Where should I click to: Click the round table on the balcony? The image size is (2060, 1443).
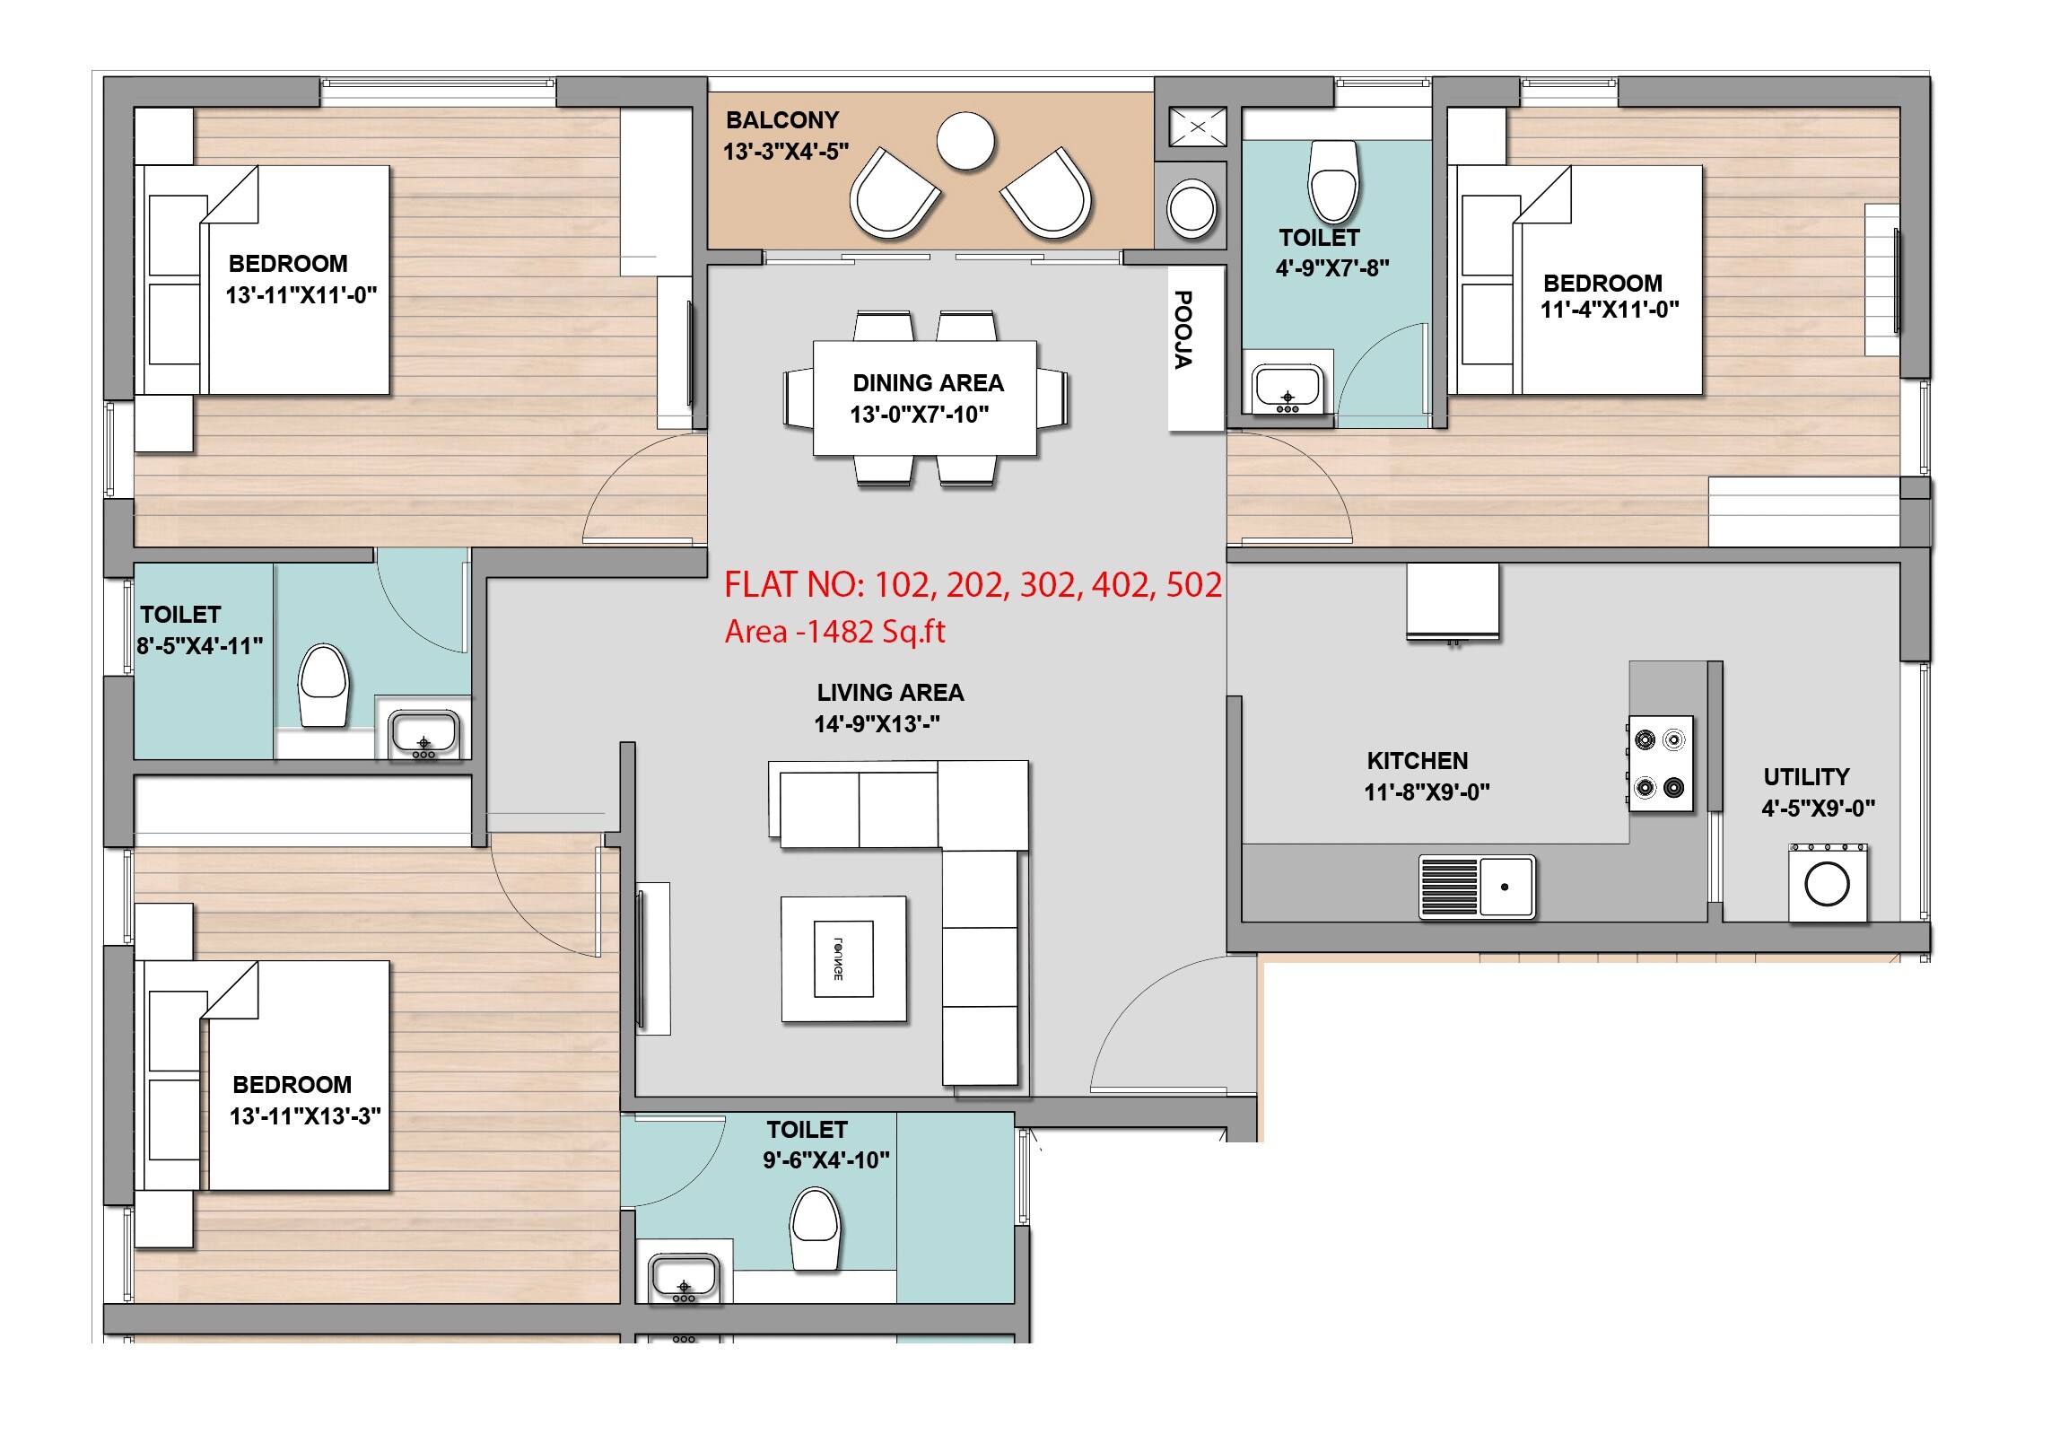coord(965,141)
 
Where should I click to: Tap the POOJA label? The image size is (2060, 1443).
coord(1184,329)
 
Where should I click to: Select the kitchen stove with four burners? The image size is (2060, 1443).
coord(1661,764)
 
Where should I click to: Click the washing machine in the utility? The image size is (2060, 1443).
coord(1828,884)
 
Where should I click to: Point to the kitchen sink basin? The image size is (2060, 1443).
coord(1506,887)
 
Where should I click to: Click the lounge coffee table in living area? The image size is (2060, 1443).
coord(843,959)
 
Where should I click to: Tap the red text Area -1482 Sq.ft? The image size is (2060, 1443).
coord(834,632)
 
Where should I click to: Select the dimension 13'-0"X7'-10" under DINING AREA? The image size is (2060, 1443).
coord(920,415)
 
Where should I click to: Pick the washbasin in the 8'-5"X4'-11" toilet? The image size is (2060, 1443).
coord(424,734)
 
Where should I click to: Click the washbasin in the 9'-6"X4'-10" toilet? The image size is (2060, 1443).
coord(684,1278)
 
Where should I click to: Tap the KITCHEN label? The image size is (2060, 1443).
coord(1418,761)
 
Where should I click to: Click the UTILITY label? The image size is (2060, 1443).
coord(1806,777)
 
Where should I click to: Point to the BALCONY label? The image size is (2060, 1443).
coord(782,120)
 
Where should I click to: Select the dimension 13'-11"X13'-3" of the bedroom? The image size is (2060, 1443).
coord(305,1116)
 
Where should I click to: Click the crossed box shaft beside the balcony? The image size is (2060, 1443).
coord(1198,127)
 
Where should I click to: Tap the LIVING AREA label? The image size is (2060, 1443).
coord(890,693)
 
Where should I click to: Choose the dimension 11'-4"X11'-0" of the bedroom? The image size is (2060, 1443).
coord(1610,310)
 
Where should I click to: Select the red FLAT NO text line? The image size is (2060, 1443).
coord(973,585)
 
